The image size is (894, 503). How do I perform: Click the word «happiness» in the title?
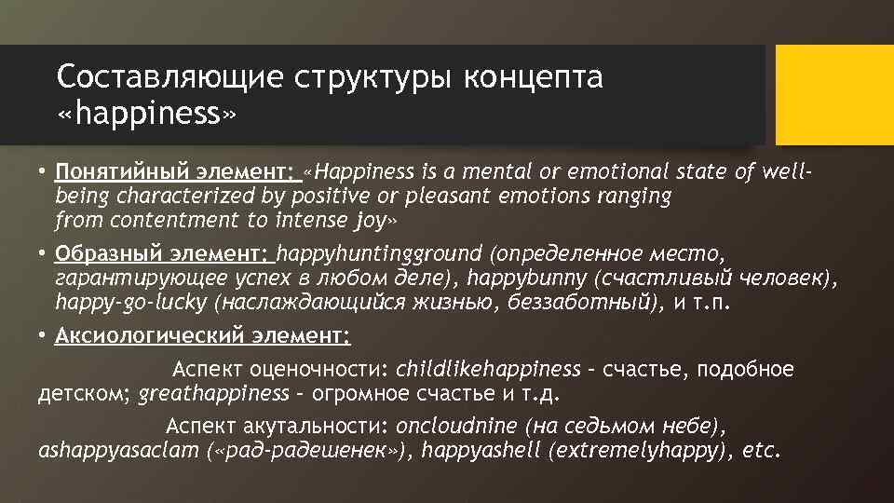(x=146, y=116)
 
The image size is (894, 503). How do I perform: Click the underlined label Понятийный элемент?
(x=173, y=172)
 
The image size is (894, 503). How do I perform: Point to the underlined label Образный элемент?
(x=162, y=253)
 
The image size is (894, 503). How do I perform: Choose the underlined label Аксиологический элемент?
(x=202, y=334)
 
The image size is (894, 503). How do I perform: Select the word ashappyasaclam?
(x=118, y=452)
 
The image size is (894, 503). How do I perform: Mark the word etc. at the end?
(x=762, y=452)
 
